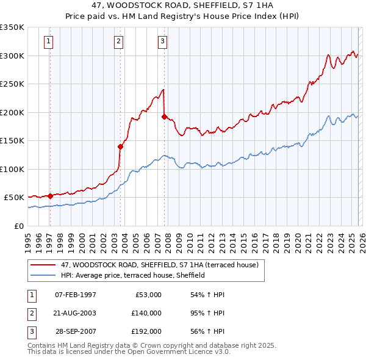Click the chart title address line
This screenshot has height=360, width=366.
pos(183,5)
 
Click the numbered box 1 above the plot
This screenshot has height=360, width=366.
pos(49,41)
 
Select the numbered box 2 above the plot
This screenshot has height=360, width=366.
pos(118,41)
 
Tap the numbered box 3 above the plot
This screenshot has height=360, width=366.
pos(163,41)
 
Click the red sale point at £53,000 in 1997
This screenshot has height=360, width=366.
pos(50,196)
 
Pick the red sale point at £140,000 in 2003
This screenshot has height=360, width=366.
pos(120,146)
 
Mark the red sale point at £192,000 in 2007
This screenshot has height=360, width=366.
pos(165,117)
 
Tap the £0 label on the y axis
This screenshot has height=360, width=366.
pos(18,226)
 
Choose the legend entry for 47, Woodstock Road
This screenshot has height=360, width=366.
pos(160,265)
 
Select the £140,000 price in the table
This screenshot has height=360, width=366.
pos(146,313)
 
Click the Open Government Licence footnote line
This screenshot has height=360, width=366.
pos(129,352)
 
